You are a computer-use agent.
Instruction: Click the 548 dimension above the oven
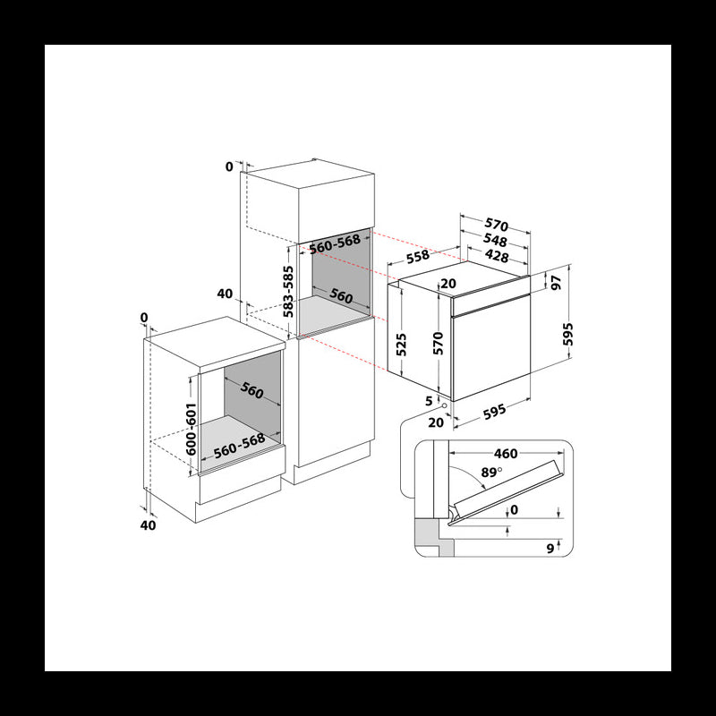[x=495, y=241]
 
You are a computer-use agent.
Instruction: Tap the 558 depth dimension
[x=414, y=256]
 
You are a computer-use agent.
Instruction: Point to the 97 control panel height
[x=557, y=283]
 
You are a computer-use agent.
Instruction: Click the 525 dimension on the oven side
[x=402, y=345]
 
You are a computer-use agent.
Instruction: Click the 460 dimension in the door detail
[x=505, y=453]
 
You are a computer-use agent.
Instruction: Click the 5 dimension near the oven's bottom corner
[x=429, y=400]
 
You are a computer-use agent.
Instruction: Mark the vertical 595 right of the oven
[x=567, y=335]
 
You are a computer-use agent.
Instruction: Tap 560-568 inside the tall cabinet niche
[x=335, y=241]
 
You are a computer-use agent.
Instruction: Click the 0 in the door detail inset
[x=512, y=511]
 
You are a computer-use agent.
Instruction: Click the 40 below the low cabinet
[x=149, y=525]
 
